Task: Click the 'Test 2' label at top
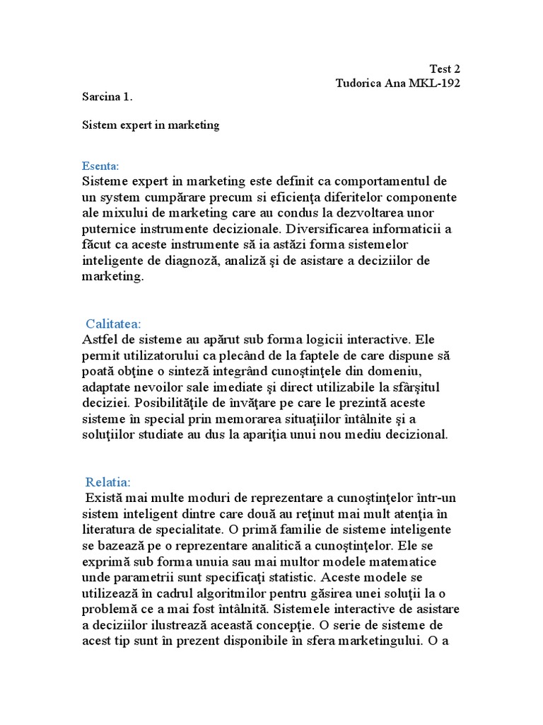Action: coord(445,69)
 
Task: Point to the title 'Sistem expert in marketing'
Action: coord(151,125)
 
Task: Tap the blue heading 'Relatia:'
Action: coord(108,481)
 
